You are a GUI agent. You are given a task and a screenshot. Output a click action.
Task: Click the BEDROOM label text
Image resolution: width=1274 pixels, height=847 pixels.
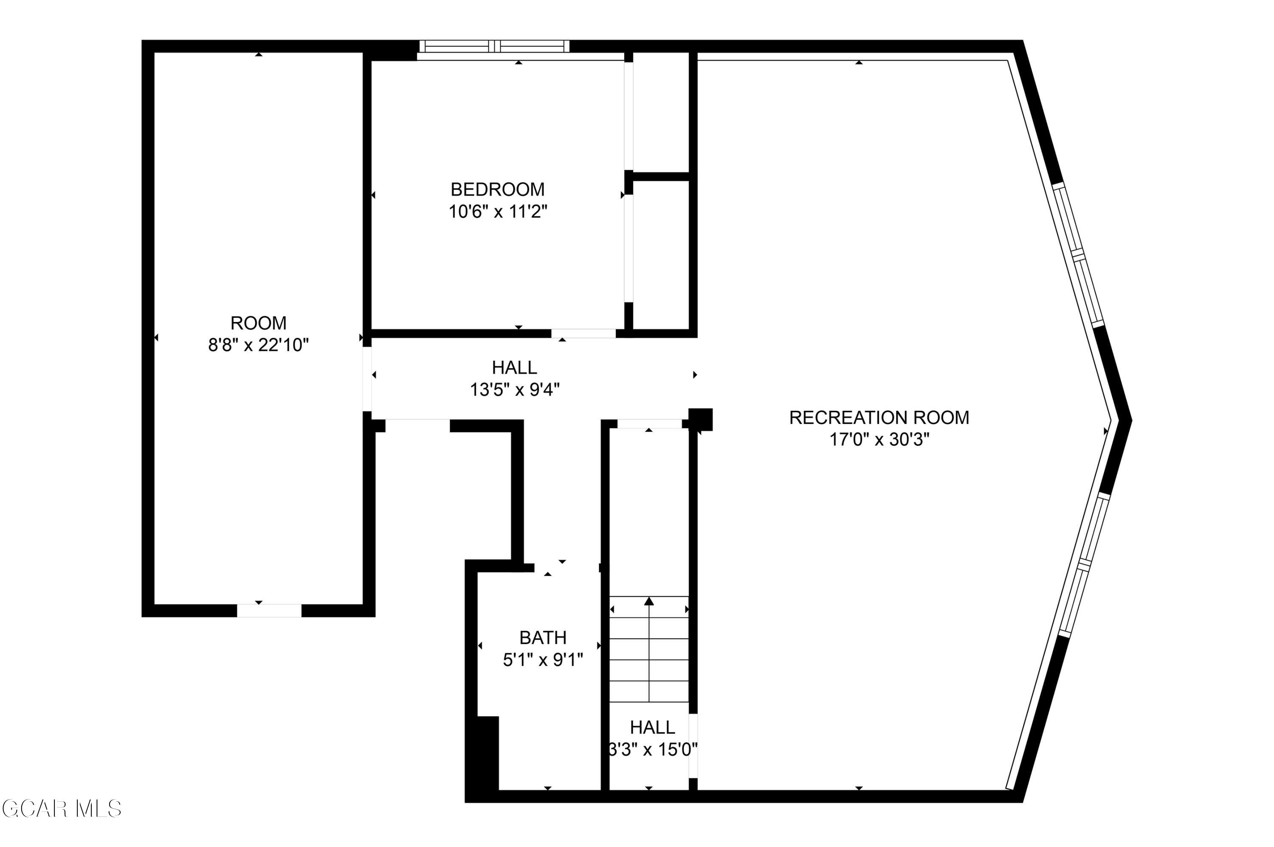click(497, 189)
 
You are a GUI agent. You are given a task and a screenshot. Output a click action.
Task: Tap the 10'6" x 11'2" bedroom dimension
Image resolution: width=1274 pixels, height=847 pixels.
click(497, 212)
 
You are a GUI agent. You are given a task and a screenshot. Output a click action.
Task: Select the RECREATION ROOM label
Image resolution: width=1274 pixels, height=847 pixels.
click(879, 418)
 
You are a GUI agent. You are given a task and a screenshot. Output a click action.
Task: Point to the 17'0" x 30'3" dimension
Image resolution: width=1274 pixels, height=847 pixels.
click(879, 440)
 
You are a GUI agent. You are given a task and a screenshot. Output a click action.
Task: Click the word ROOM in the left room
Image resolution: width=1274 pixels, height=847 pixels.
click(258, 323)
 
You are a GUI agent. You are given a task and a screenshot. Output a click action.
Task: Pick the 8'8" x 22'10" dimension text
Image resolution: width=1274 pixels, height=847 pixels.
click(258, 345)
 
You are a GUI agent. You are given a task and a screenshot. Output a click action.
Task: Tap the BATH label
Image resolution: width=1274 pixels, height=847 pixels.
click(543, 637)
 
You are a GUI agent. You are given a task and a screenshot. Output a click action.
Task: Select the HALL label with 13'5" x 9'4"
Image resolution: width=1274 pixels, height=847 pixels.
click(514, 367)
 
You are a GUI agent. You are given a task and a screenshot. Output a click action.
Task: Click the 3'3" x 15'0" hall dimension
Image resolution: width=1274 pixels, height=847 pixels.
click(652, 750)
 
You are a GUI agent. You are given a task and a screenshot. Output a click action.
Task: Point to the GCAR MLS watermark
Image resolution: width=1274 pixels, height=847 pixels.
click(61, 809)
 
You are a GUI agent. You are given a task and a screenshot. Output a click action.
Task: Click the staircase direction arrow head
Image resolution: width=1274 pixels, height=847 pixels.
click(648, 601)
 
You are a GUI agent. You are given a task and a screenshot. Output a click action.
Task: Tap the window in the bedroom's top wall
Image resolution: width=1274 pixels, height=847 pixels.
click(494, 46)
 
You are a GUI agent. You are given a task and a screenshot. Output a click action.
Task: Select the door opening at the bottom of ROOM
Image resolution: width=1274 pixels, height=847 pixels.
click(269, 610)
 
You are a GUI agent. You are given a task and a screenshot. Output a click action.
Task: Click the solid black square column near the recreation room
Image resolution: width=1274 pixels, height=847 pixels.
click(701, 419)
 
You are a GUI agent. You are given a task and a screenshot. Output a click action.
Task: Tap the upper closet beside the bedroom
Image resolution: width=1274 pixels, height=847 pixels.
click(660, 112)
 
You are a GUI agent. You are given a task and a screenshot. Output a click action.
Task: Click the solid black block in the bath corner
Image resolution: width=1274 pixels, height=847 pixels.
click(487, 754)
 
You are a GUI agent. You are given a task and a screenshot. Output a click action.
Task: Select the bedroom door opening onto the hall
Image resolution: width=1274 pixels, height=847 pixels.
click(583, 333)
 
